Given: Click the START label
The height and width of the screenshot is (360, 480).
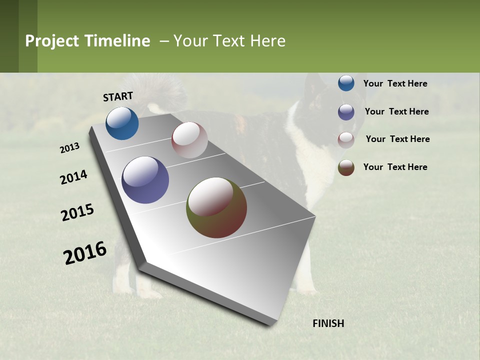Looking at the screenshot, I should pos(118,96).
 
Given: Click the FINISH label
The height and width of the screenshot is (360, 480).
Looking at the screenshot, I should pos(328,323).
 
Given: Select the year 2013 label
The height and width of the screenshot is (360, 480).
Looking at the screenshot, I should pos(70,148).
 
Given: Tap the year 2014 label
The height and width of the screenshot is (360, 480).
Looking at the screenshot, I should pos(74,177).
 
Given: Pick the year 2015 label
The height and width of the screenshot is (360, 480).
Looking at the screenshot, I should pos(77,212).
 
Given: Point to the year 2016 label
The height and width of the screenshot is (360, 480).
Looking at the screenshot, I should pos(85,252).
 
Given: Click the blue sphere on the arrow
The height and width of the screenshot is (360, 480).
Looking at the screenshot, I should pos(122,123).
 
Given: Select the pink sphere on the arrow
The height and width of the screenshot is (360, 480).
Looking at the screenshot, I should pos(189,140).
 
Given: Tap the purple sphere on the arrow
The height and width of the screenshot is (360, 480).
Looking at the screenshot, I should pos(145,180).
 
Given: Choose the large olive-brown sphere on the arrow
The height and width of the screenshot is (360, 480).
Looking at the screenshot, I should pos(216,207).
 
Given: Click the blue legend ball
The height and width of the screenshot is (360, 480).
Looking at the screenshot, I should pos(346,83).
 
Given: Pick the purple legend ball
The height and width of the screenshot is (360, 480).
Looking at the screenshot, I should pos(346,112).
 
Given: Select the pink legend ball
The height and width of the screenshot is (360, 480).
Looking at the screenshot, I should pos(346,140).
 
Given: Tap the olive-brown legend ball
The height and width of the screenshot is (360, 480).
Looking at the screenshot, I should pos(346,167).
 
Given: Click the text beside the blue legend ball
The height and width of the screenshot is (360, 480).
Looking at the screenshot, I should pos(395,83).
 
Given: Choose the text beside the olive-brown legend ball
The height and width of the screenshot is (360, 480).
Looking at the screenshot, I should pos(395,167).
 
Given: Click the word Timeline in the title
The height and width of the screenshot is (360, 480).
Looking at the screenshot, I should pos(117,41).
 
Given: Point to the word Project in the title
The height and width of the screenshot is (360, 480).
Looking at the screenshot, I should pos(52,41).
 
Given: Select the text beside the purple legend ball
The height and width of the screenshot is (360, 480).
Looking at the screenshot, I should pos(396,111).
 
